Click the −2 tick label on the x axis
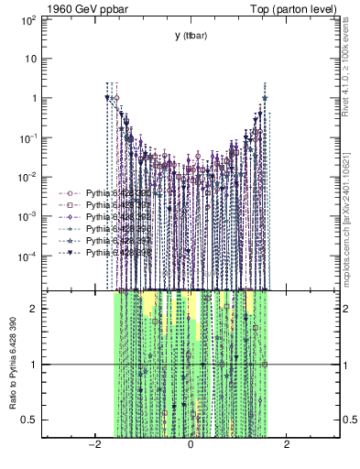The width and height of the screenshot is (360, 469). pyautogui.click(x=93, y=444)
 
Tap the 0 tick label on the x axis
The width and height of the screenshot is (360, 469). pyautogui.click(x=191, y=444)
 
